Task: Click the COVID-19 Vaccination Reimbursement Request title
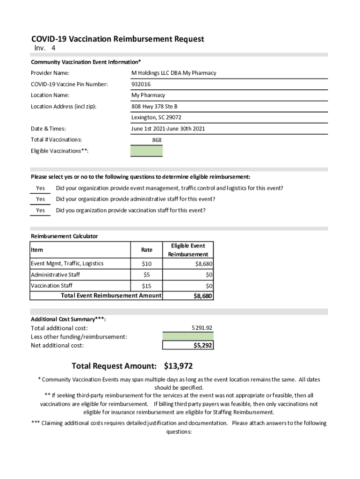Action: (117, 39)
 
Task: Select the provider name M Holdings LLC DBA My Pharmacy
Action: (173, 73)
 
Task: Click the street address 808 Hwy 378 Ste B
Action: (154, 106)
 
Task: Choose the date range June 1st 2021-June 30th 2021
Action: (168, 129)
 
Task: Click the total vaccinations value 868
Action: (157, 140)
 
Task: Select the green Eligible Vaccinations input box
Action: (147, 151)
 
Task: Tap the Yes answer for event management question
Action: (41, 189)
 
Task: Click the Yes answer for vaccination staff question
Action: (41, 211)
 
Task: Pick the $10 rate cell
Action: (146, 264)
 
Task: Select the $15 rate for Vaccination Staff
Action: (146, 286)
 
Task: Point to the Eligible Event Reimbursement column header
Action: (188, 250)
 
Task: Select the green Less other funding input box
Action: (188, 336)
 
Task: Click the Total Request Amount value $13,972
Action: (178, 366)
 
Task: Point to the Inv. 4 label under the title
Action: (45, 49)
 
